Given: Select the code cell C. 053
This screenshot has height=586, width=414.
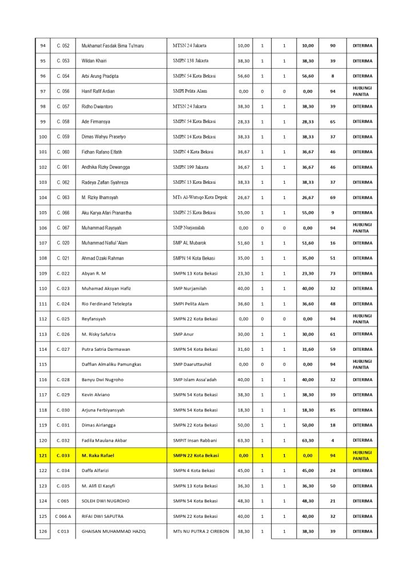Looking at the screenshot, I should point(63,61).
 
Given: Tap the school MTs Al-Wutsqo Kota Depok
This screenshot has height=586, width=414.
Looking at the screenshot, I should point(200,197).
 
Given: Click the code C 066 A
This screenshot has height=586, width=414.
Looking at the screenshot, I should point(63,516).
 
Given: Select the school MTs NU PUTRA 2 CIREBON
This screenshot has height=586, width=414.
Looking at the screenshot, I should point(201,531).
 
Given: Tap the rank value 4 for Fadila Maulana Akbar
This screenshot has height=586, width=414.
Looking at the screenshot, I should point(332,440).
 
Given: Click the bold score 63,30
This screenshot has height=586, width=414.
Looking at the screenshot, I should point(308,440).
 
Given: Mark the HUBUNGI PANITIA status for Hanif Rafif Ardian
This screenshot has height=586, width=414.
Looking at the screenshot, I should point(361,91).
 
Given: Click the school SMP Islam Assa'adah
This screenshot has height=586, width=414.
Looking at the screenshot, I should point(195,379).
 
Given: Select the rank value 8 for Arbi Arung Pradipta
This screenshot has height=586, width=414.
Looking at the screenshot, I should point(332,76).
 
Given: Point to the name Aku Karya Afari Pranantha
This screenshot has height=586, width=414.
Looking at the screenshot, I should point(106,213).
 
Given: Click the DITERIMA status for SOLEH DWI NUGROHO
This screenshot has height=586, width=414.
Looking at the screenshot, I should point(362,501).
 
